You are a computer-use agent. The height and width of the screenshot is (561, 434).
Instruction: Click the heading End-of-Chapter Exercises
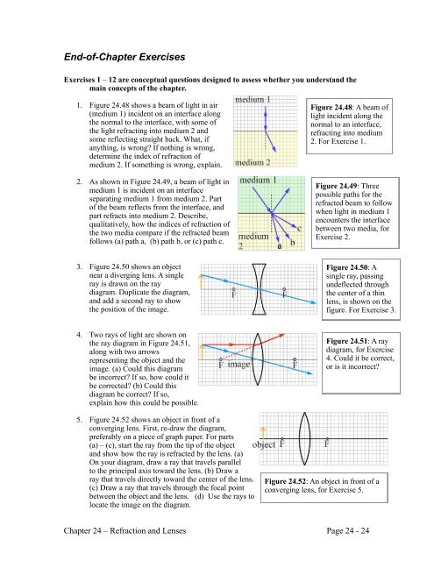[x=125, y=57]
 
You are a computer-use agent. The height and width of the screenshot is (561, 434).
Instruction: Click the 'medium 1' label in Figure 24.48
[x=253, y=99]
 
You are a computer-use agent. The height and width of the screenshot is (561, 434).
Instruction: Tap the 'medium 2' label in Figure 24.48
[x=253, y=162]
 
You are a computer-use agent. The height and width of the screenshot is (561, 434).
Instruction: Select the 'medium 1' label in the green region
[x=258, y=180]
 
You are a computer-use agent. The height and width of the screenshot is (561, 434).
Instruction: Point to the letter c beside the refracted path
[x=299, y=228]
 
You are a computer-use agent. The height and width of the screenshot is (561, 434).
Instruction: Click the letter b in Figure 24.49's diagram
[x=292, y=242]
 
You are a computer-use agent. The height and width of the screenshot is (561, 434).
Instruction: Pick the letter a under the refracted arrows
[x=280, y=245]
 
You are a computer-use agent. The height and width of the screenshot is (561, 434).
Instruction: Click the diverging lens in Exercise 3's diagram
[x=259, y=289]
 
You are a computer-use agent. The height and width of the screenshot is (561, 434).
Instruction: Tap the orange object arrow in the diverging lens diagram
[x=202, y=281]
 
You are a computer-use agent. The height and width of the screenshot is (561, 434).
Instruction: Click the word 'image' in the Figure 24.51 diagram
[x=238, y=365]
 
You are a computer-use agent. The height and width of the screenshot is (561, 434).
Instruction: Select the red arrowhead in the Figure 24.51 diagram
[x=281, y=335]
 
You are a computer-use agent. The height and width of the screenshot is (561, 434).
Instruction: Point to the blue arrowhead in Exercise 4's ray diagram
[x=309, y=373]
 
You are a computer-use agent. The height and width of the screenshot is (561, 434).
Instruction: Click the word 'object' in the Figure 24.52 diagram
[x=264, y=444]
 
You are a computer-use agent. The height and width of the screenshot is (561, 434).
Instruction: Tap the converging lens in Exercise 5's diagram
[x=304, y=438]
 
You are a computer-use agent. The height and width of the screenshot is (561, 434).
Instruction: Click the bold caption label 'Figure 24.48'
[x=331, y=107]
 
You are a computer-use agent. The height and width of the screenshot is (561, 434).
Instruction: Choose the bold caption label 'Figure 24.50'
[x=347, y=267]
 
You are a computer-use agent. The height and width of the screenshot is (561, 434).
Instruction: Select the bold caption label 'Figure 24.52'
[x=286, y=481]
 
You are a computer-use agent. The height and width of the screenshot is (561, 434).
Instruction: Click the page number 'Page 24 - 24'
[x=348, y=530]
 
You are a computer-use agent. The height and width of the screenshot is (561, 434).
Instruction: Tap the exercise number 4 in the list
[x=79, y=335]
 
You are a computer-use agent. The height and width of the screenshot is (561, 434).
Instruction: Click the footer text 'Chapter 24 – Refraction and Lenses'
[x=125, y=530]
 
